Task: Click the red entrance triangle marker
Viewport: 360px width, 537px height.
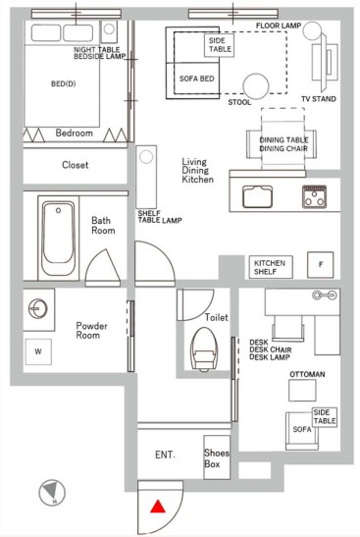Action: (158, 507)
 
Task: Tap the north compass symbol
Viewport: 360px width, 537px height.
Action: (52, 493)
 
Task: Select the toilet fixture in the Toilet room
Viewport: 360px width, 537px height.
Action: (204, 349)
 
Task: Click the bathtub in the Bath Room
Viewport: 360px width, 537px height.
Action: (58, 238)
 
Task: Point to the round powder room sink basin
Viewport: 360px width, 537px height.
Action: (37, 308)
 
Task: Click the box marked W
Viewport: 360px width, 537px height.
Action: (38, 351)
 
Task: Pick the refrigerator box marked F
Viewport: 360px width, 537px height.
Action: (321, 265)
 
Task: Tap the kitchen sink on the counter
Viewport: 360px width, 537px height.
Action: (257, 196)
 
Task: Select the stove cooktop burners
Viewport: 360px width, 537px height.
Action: (314, 196)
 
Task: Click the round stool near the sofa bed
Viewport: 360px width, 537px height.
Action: (256, 86)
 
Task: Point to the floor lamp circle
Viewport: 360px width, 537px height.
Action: (312, 30)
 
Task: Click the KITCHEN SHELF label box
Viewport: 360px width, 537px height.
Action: (271, 267)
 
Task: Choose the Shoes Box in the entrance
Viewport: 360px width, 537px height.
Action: (217, 457)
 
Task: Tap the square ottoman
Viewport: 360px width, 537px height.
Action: (302, 391)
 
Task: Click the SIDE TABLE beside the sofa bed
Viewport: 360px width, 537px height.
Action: (220, 45)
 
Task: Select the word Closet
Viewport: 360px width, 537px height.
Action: (75, 165)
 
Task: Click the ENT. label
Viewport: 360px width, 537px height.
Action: (165, 455)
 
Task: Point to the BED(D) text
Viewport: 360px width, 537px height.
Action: (64, 83)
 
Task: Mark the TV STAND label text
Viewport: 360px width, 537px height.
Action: (318, 99)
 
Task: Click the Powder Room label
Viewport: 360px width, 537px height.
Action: (91, 331)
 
